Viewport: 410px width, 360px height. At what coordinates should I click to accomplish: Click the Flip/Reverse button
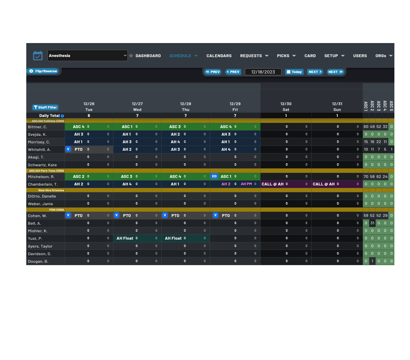[x=43, y=71]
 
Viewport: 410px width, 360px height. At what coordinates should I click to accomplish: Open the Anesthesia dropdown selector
[x=88, y=56]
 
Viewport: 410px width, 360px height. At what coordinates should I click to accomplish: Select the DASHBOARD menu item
[x=148, y=56]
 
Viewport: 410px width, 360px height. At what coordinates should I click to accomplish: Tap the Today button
[x=294, y=72]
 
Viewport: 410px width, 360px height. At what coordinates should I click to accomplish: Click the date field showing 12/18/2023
[x=263, y=72]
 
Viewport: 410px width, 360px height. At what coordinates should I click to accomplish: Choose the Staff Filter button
[x=45, y=107]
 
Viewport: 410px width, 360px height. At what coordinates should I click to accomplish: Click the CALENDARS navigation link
[x=219, y=56]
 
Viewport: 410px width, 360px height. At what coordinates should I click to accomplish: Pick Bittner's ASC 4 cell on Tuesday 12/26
[x=89, y=126]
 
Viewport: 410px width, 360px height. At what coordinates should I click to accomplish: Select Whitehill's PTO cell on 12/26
[x=89, y=149]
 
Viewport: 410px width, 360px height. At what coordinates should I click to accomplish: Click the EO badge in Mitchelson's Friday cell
[x=214, y=176]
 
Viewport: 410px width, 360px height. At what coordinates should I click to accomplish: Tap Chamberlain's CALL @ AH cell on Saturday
[x=286, y=184]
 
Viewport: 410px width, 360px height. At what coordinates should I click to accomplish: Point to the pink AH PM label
[x=246, y=184]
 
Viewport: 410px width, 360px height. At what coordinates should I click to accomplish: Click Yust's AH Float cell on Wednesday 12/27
[x=137, y=238]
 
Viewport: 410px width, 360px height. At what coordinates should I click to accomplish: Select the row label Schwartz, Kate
[x=42, y=165]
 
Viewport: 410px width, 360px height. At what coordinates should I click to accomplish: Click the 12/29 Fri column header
[x=235, y=107]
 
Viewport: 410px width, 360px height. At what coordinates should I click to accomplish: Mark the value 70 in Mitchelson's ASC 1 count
[x=366, y=177]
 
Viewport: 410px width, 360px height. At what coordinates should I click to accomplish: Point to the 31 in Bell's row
[x=372, y=223]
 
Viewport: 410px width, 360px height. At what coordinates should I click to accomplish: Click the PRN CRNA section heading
[x=56, y=210]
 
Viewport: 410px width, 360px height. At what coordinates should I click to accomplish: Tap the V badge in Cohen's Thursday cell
[x=165, y=215]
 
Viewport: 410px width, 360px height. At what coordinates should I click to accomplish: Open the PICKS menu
[x=286, y=56]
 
